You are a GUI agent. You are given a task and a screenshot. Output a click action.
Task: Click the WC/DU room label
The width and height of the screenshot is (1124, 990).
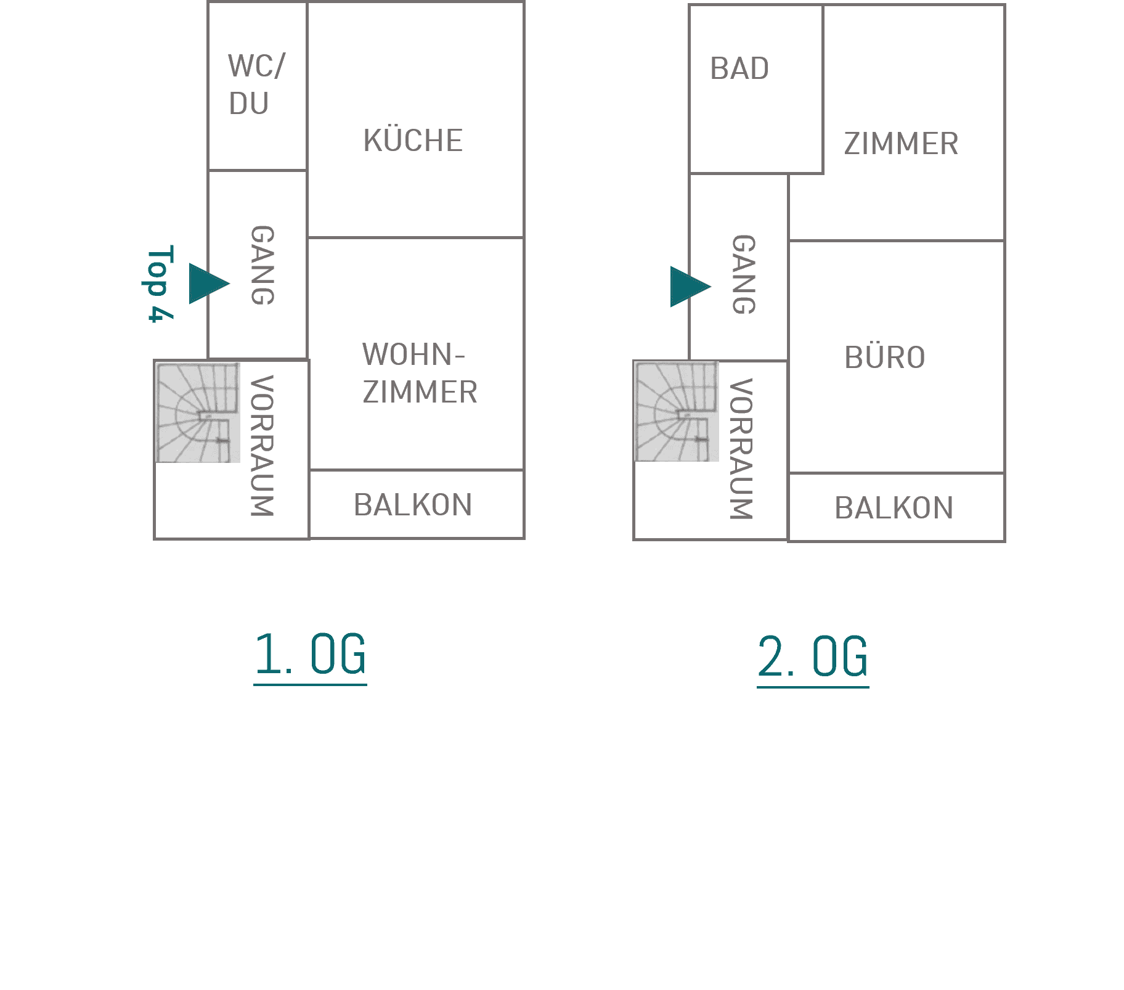[256, 84]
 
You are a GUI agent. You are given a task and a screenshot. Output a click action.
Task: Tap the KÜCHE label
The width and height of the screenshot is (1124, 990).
[413, 141]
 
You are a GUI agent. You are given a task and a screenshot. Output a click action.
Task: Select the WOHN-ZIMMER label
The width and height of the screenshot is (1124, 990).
[420, 373]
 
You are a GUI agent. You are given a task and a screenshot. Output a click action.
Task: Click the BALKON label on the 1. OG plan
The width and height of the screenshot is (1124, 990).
[413, 505]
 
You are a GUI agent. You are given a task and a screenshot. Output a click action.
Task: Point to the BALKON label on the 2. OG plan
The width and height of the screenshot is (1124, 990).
[894, 508]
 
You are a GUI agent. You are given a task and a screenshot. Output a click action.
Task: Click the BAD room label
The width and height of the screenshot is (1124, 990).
[739, 68]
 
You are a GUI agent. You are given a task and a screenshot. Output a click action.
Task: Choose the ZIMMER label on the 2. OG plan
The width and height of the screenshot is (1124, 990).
[901, 144]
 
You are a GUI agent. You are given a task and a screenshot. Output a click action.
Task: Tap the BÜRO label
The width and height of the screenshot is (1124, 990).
[885, 357]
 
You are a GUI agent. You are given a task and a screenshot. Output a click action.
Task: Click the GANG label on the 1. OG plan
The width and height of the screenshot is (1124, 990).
[263, 265]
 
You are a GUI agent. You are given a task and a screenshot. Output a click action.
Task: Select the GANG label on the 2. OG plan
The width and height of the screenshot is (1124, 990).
[743, 274]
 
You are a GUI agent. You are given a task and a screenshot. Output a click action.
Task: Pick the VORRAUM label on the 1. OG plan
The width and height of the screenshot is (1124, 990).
[262, 446]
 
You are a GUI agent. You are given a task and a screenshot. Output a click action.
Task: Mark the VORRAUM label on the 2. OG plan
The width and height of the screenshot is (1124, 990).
[741, 449]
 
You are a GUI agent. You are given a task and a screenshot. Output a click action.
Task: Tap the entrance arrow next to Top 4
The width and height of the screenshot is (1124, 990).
[208, 284]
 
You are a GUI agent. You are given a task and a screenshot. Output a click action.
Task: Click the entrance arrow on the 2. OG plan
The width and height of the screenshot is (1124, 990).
[690, 287]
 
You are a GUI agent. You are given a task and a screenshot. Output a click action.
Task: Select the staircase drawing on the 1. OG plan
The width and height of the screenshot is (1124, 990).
[198, 412]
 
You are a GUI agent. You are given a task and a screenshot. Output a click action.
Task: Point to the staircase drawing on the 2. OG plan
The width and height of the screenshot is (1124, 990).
[677, 411]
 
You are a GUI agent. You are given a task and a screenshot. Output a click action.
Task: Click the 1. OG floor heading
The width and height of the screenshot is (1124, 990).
[310, 656]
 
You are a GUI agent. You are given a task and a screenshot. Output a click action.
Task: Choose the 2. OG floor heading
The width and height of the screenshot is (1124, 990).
[813, 658]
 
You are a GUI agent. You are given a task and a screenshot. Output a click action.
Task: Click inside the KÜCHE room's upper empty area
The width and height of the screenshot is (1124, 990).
[415, 62]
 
